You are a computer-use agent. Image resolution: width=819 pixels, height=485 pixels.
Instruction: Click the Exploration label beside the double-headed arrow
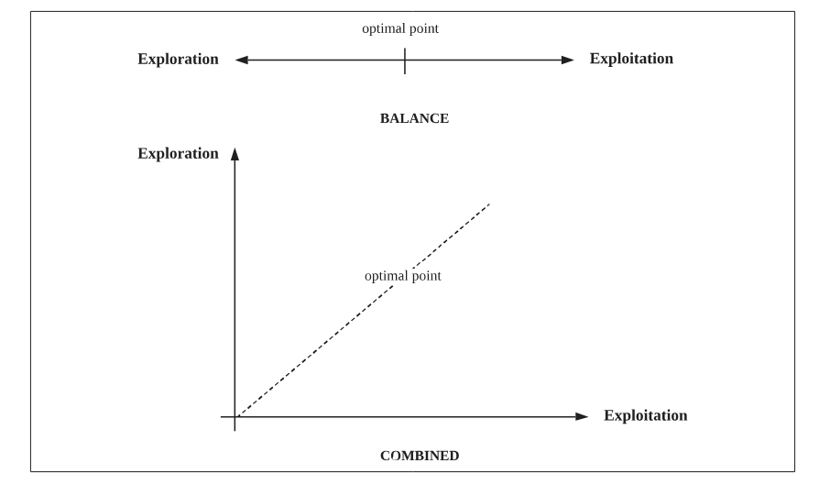178,60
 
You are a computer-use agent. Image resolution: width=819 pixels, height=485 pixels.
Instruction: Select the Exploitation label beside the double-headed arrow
631,59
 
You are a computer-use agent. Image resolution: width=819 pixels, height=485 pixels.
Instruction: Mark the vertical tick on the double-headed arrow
404,61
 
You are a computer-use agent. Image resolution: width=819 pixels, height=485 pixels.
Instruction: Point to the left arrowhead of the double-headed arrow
241,61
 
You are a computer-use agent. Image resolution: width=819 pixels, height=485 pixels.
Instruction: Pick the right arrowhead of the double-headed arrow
568,61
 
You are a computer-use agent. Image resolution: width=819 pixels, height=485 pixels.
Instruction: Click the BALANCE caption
414,118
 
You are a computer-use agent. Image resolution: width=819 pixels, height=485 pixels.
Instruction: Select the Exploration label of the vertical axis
178,153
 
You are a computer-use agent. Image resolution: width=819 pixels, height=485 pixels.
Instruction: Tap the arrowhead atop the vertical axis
235,154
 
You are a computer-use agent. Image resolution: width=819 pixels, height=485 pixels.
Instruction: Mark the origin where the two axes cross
235,416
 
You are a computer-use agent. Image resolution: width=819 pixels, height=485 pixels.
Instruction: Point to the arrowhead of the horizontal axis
582,416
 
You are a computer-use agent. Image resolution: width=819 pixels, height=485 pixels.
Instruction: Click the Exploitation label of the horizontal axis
645,415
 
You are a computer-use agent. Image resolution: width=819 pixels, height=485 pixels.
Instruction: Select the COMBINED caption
419,455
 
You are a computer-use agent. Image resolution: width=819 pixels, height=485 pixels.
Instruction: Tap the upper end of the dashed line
490,204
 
